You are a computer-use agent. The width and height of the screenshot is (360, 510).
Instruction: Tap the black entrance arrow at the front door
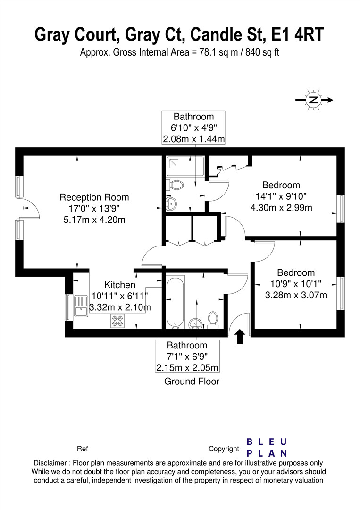[x=240, y=336]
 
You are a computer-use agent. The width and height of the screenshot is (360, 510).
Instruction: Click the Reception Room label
[x=94, y=197]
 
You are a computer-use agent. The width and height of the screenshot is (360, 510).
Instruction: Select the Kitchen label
[x=120, y=285]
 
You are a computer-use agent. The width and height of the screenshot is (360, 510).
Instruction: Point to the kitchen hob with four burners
[x=117, y=321]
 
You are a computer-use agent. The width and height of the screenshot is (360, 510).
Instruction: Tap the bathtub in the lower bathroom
[x=175, y=302]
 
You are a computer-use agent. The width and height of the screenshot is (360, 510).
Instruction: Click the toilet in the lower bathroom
[x=213, y=319]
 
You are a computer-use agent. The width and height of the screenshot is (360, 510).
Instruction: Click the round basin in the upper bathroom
[x=170, y=204]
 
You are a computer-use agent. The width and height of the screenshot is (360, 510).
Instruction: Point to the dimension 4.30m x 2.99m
[x=281, y=207]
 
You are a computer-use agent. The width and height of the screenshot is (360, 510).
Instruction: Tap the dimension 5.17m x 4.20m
[x=94, y=220]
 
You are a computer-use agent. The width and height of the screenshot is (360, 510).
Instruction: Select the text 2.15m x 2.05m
[x=187, y=367]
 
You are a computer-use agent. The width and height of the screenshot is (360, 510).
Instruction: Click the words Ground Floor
[x=192, y=382]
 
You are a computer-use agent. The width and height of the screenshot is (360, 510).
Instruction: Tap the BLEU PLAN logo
[x=267, y=447]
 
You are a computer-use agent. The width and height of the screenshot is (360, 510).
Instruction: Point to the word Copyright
[x=224, y=449]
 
